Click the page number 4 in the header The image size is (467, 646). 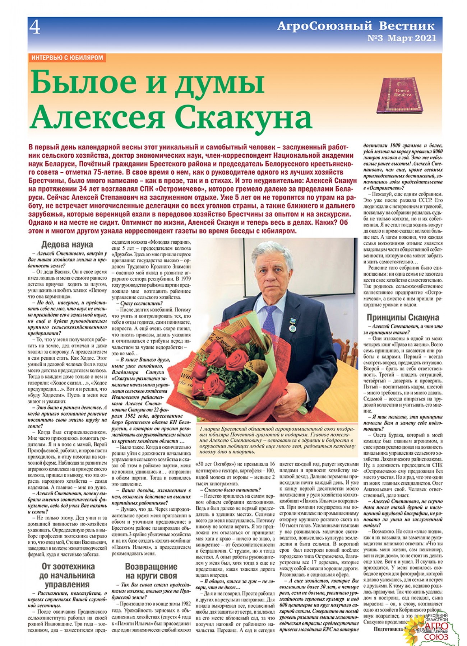35,28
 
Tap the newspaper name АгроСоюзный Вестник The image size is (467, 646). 356,26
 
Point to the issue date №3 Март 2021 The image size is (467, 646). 402,38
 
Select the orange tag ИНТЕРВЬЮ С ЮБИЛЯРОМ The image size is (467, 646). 67,58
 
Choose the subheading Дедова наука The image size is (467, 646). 67,245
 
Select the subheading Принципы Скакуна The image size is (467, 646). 403,317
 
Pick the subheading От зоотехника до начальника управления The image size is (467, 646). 68,575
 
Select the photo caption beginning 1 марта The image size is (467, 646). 277,440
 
